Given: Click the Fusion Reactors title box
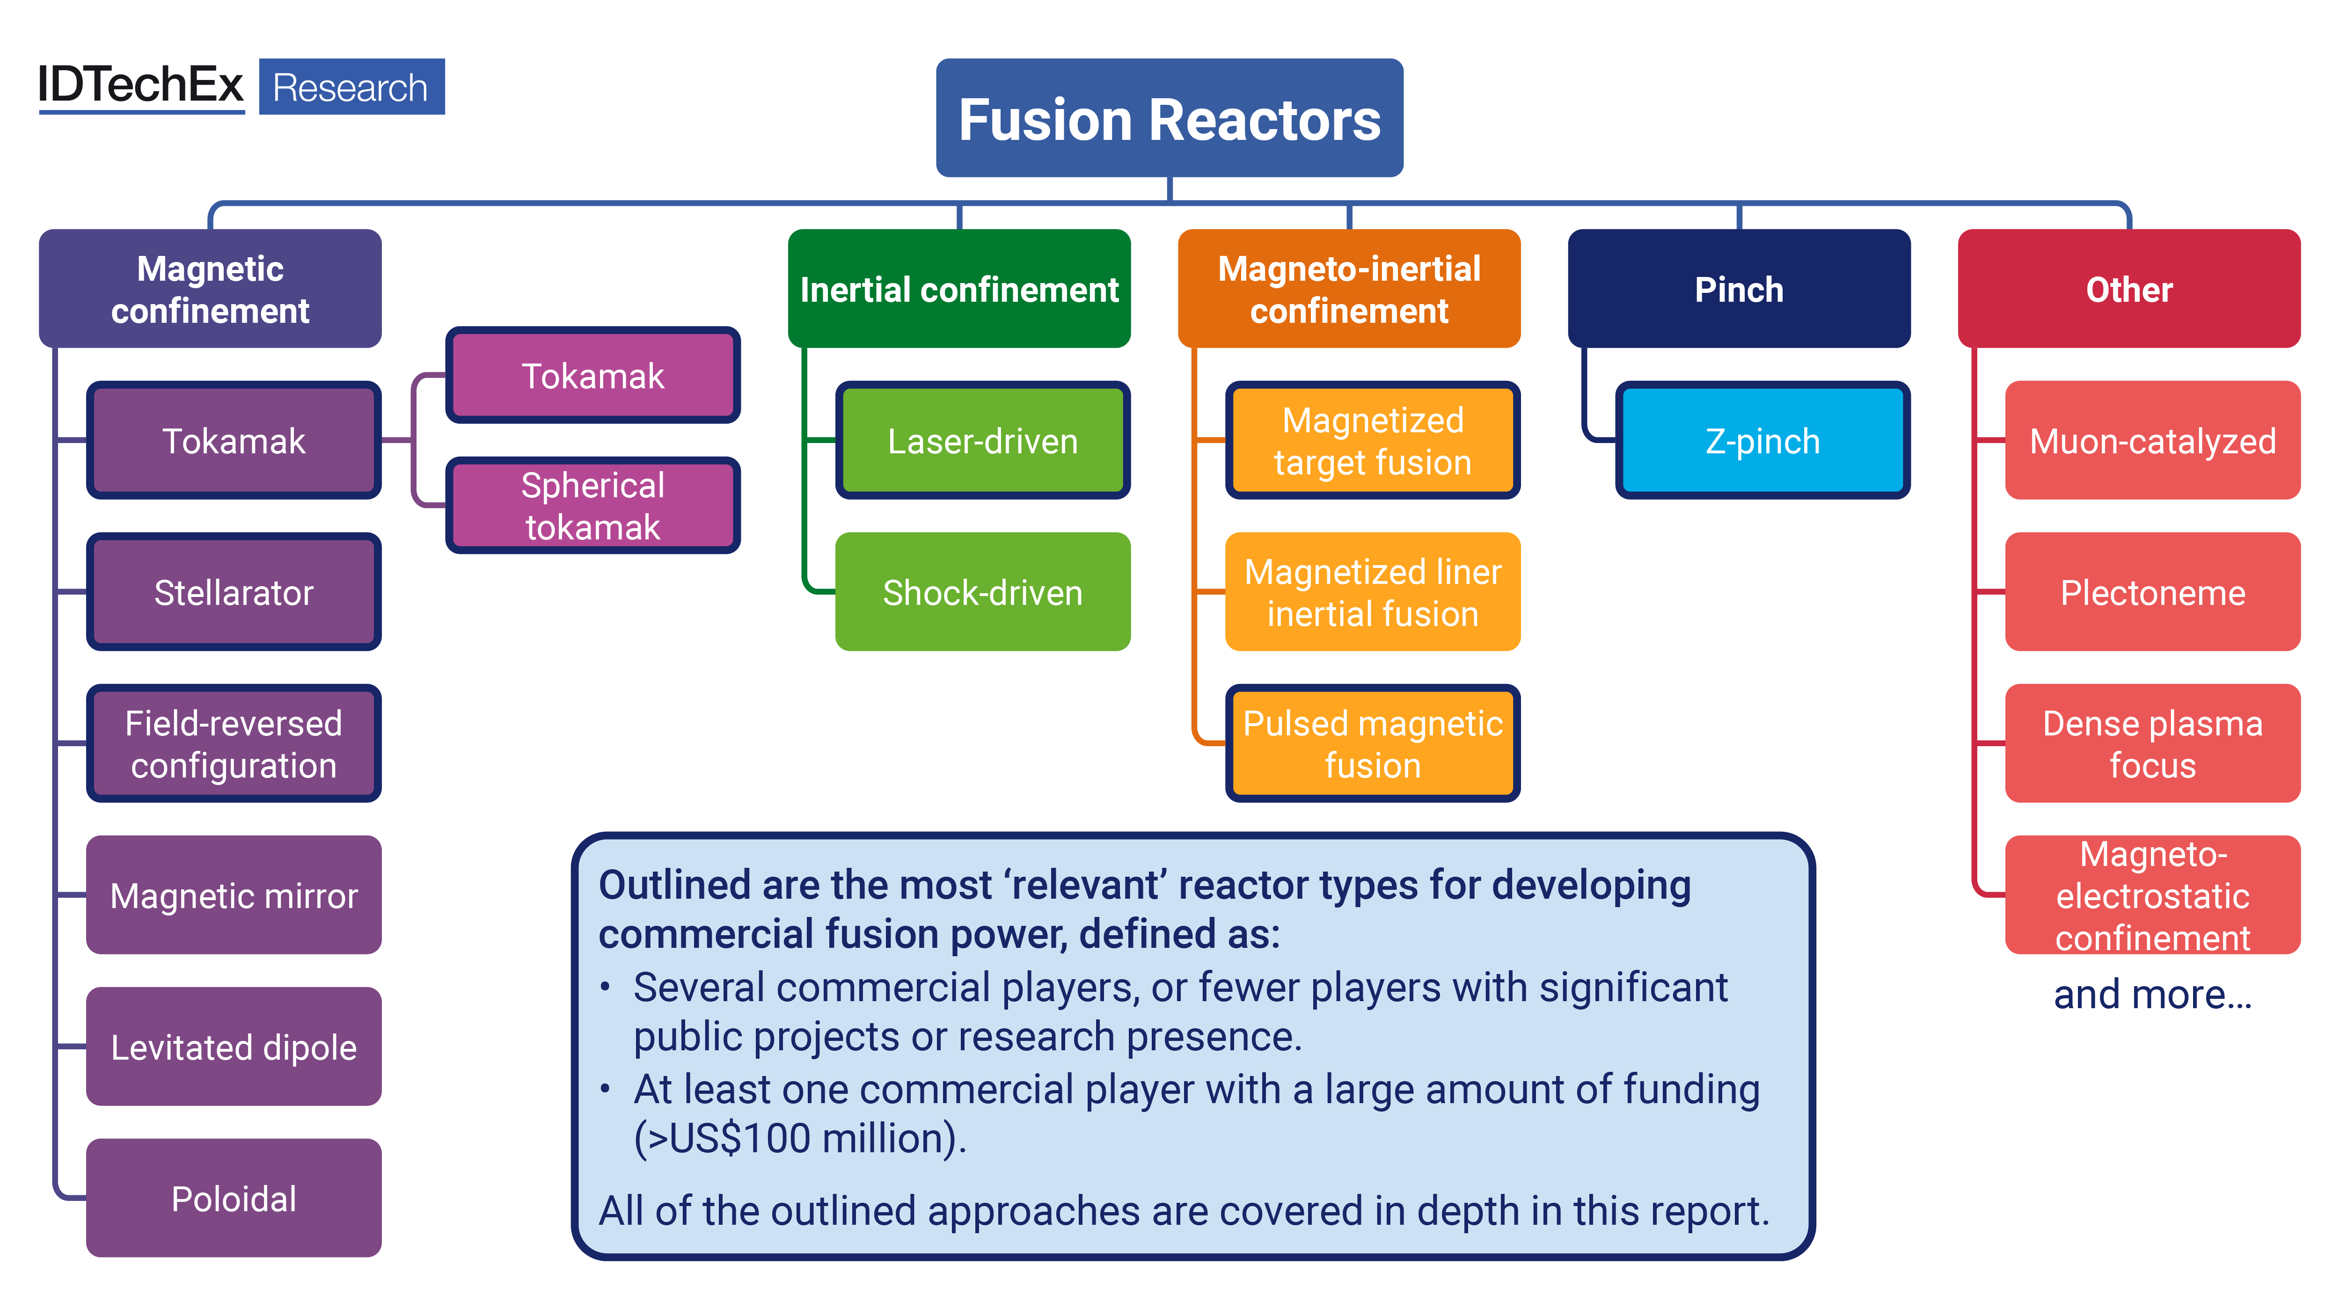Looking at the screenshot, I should (x=1169, y=118).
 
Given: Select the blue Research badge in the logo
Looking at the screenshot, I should (x=351, y=87).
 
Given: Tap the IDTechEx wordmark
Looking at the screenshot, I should (x=141, y=85).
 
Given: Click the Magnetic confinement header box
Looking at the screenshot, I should (x=210, y=289).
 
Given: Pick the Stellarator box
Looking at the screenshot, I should (x=234, y=592).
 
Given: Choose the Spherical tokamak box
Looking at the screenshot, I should (x=592, y=506).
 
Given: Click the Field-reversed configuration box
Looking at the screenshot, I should (x=234, y=744).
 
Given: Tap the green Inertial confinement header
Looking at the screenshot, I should (x=959, y=289).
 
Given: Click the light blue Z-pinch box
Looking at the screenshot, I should (x=1762, y=441).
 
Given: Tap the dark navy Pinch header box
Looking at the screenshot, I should (x=1739, y=289).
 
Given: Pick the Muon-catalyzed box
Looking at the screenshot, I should (x=2152, y=441).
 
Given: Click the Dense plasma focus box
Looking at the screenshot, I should (x=2152, y=744).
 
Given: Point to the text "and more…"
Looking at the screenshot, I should (x=2152, y=995).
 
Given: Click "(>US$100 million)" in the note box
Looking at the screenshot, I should (x=799, y=1138).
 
